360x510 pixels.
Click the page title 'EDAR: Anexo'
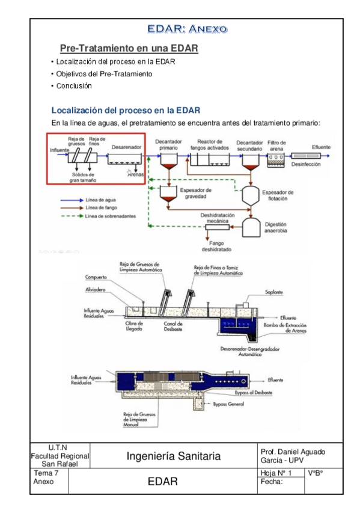[x=180, y=28]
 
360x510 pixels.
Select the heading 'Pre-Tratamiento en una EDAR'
[x=129, y=48]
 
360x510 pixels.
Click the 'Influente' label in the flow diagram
[x=59, y=149]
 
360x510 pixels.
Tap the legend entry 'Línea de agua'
[x=101, y=199]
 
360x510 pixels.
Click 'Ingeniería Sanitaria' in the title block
[x=173, y=457]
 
